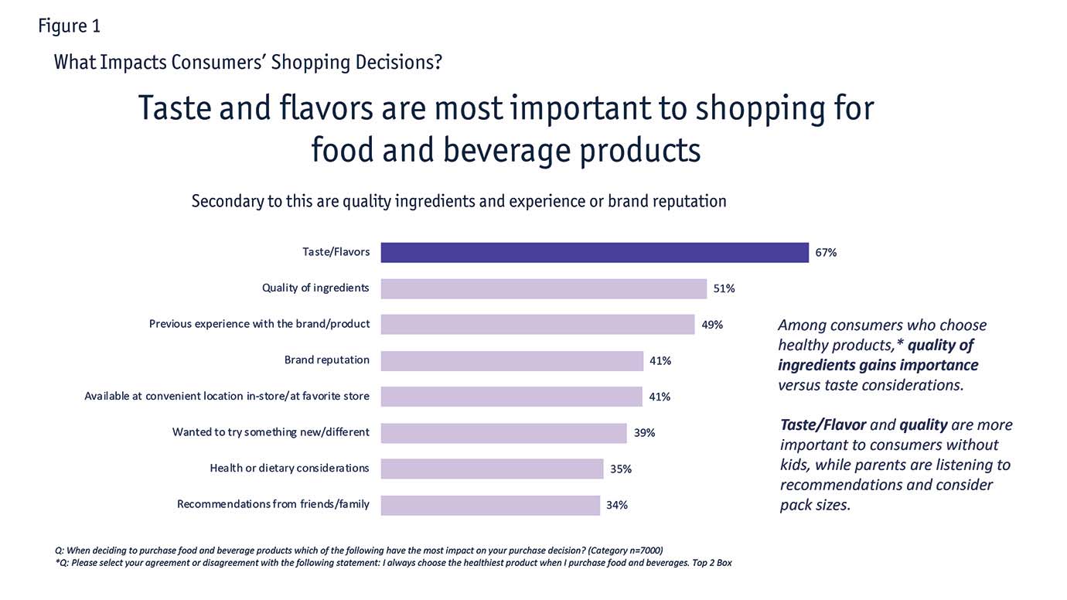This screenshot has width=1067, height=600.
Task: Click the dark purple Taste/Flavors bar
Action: click(595, 253)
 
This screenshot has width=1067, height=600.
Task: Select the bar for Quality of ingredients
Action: click(544, 288)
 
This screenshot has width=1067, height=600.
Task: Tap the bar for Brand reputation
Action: click(512, 360)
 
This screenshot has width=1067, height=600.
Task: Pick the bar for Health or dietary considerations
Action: click(492, 469)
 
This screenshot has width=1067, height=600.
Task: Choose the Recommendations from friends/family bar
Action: click(490, 505)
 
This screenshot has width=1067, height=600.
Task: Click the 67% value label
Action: click(826, 253)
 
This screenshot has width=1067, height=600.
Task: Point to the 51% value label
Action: click(724, 288)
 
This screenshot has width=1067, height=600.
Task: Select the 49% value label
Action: click(712, 325)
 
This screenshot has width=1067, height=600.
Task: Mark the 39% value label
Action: click(644, 433)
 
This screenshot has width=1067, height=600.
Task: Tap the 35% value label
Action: click(621, 469)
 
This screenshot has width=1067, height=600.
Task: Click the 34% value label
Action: click(617, 505)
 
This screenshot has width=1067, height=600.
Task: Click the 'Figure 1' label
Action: click(69, 26)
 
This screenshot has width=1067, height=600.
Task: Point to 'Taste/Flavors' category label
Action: click(336, 252)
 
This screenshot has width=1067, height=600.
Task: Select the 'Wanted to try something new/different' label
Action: click(271, 432)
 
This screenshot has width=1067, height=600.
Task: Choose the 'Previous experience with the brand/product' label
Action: click(259, 324)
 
